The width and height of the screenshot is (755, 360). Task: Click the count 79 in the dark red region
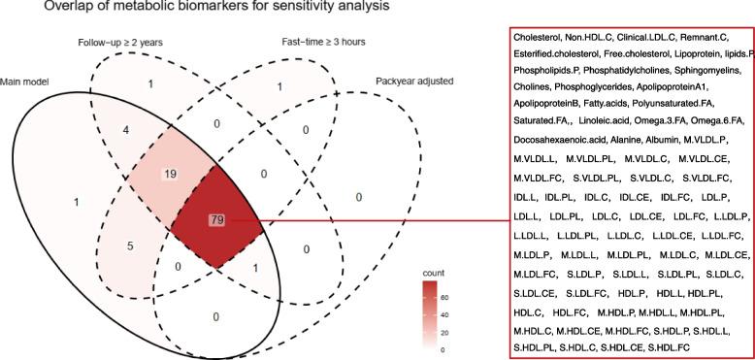[x=217, y=220]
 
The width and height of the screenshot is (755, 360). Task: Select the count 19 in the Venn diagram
[x=170, y=175]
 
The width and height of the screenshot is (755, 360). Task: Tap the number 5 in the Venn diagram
[x=130, y=246]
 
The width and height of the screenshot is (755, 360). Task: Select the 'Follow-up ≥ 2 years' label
[x=120, y=43]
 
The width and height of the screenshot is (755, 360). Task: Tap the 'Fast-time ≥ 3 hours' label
[x=323, y=42]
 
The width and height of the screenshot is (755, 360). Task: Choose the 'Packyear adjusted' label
[x=414, y=81]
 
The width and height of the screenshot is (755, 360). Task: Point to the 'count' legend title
[x=434, y=274]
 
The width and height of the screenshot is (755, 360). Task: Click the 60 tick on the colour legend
[x=445, y=298]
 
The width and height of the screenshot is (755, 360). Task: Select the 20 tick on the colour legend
[x=445, y=333]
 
